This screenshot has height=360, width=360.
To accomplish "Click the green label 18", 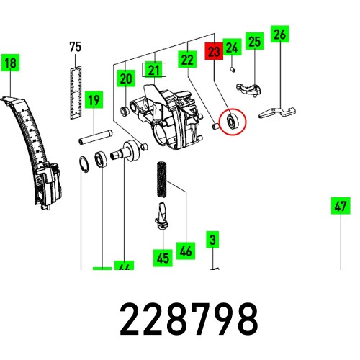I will point(10,63).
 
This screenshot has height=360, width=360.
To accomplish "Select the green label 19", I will point(93,101).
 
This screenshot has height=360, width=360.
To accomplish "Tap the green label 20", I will point(126,78).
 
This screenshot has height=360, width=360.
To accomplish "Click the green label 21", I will point(153,70).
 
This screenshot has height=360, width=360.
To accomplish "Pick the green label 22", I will point(187,60).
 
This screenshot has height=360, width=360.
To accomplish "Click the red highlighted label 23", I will point(214,52).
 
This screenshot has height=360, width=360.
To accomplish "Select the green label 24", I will point(231,48).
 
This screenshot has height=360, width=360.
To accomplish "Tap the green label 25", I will point(253,42).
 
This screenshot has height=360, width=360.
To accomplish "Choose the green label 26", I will point(280,33).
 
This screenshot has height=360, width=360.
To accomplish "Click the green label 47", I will point(340,205).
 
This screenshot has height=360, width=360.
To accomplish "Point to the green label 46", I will point(186,251).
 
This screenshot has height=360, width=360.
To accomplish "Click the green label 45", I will point(162,256).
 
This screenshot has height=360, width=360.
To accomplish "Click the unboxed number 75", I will point(75,48).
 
